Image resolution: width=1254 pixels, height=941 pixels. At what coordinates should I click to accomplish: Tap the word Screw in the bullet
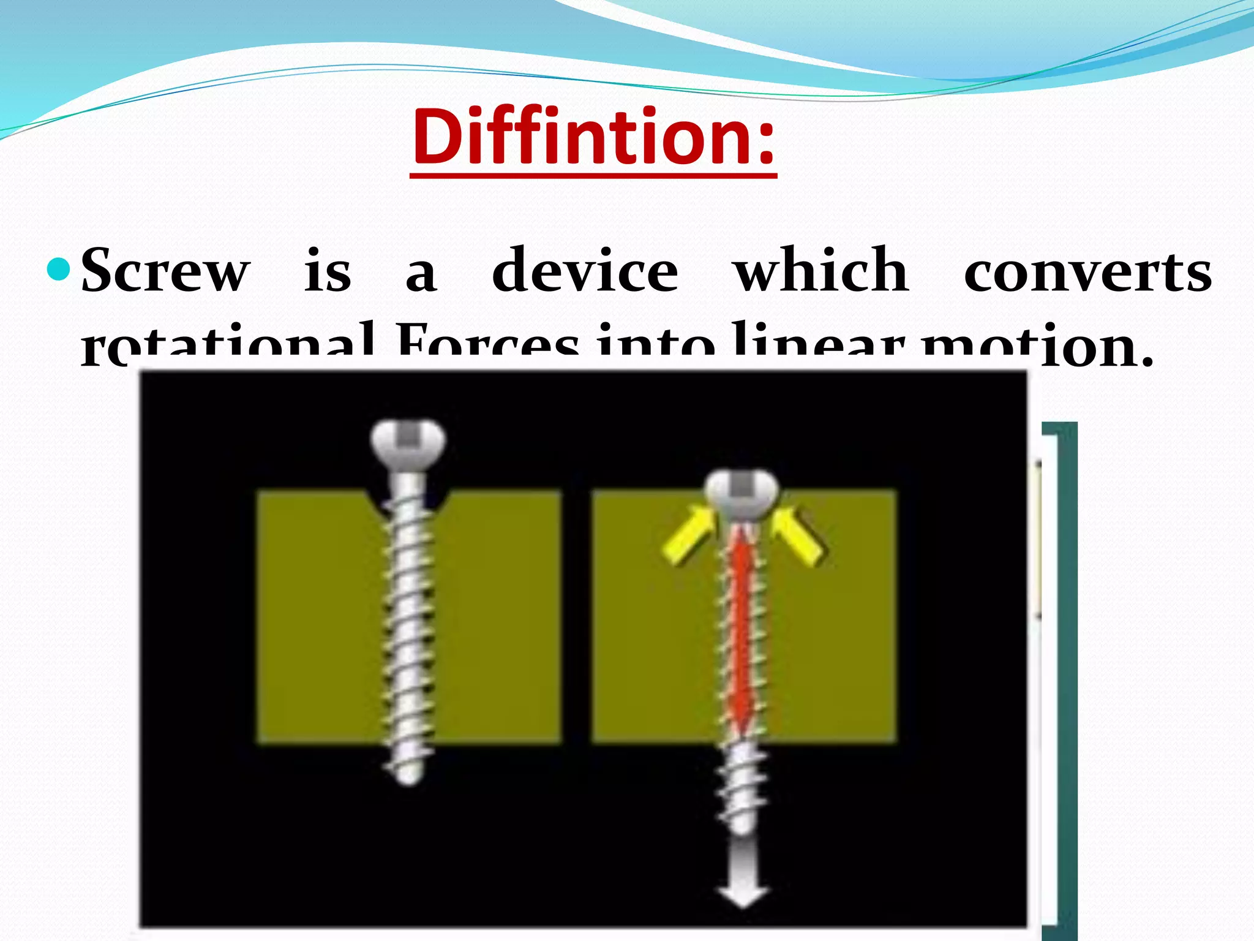coord(165,271)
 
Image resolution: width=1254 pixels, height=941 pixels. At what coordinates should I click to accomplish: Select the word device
coord(585,270)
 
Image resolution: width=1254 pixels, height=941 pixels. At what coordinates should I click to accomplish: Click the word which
coord(821,270)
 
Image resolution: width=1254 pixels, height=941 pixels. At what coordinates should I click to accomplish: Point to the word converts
coord(1087,271)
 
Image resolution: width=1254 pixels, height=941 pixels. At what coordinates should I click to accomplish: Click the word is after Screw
coord(328,271)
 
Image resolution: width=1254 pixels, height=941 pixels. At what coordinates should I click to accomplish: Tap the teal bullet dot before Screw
coord(59,270)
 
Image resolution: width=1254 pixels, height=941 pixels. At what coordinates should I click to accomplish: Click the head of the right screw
coord(742,493)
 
